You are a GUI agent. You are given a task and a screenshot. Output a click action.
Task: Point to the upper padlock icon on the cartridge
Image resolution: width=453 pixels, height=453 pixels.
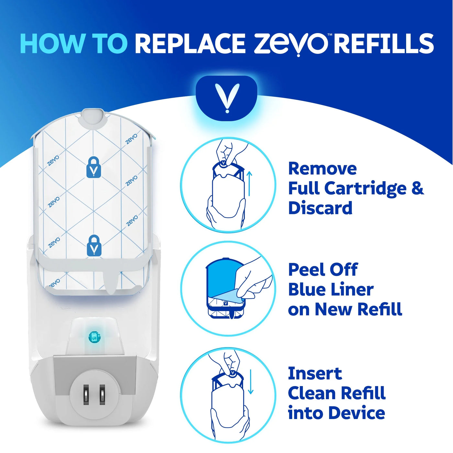94,167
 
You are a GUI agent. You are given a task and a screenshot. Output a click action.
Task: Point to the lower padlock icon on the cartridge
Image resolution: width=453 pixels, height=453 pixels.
94,246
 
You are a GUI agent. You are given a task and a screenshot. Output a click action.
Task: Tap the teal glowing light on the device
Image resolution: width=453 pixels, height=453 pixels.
94,337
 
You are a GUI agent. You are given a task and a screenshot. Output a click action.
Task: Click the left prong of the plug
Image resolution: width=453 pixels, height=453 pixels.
86,394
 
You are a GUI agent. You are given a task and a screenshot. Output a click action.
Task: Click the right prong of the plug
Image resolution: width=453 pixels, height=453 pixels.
102,394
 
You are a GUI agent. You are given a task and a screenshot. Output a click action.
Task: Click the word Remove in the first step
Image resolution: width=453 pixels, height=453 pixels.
322,169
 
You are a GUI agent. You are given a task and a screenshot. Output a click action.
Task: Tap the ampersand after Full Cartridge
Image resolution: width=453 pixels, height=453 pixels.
417,188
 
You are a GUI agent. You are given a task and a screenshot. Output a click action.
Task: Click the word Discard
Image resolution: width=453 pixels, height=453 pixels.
320,208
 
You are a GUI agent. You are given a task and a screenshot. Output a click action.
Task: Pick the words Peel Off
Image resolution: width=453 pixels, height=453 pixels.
323,270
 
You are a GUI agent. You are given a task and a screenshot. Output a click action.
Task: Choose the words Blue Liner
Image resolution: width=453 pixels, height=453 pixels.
331,290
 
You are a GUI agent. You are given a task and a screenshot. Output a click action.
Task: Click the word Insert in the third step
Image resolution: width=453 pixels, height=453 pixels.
315,374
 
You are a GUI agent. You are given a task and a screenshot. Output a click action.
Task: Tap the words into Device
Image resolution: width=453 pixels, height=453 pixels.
337,413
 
